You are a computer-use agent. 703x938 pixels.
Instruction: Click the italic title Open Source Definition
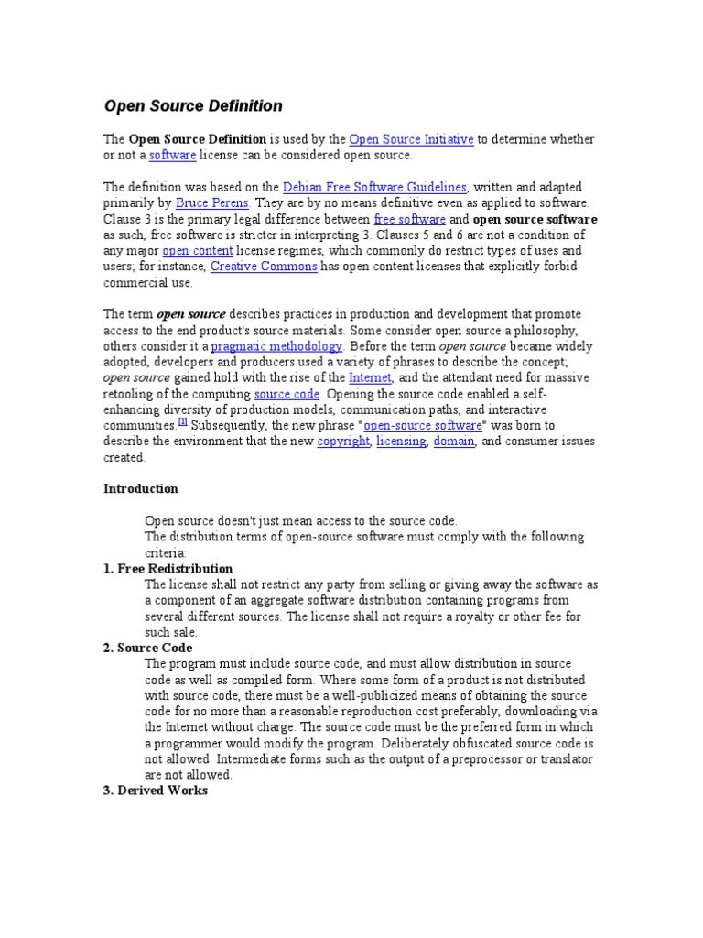click(x=193, y=106)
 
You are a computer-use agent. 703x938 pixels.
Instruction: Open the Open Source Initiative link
click(x=411, y=139)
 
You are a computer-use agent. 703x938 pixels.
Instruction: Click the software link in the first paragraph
click(x=172, y=156)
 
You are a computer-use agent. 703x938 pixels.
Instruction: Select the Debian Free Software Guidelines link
click(x=375, y=187)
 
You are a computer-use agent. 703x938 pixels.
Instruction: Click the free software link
click(x=410, y=220)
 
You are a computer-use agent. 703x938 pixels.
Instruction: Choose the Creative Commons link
click(x=264, y=267)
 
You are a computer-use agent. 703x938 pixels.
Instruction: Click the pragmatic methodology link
click(x=276, y=346)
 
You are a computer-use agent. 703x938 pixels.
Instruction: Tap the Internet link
click(x=370, y=377)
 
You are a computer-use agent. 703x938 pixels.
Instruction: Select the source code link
click(x=286, y=394)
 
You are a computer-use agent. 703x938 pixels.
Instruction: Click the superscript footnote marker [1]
click(x=183, y=422)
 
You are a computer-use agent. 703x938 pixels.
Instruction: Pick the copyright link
click(x=343, y=442)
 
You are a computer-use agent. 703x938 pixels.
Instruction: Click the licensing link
click(x=401, y=442)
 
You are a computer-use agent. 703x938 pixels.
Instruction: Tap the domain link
click(x=453, y=442)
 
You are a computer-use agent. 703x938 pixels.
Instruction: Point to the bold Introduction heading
click(x=140, y=489)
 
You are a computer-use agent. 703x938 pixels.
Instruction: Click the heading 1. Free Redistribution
click(x=168, y=569)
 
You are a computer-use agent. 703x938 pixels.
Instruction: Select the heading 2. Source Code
click(x=147, y=648)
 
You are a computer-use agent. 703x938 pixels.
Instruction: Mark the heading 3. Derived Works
click(x=156, y=791)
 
